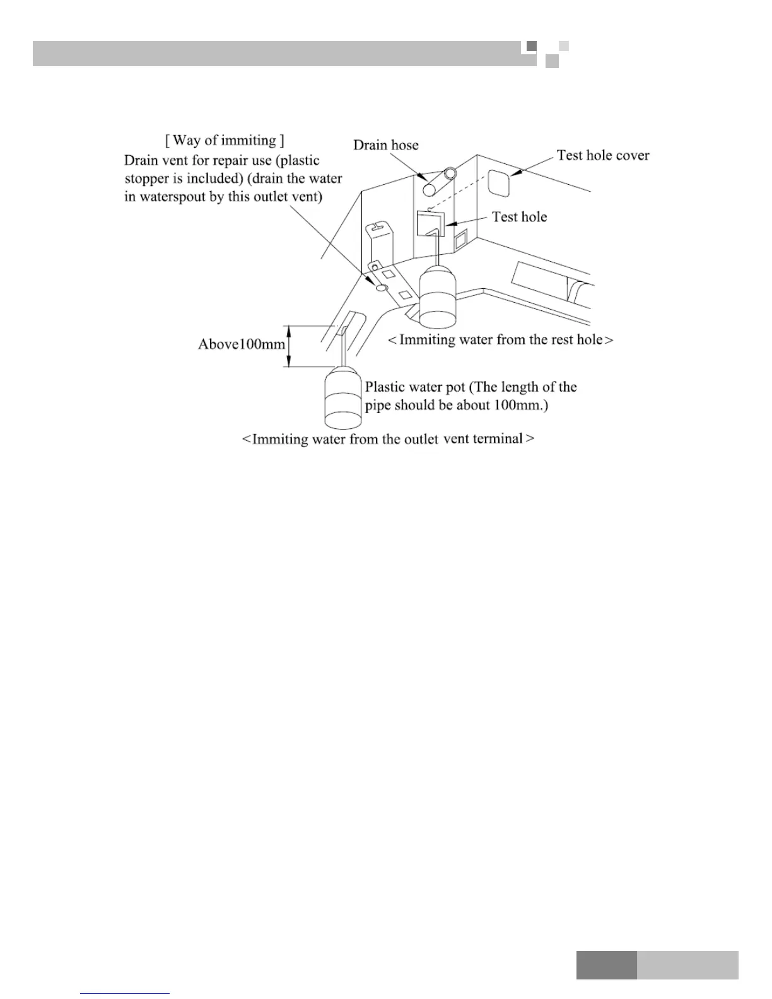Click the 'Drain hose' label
click(x=385, y=145)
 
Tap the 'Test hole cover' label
click(x=602, y=156)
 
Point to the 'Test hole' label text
click(x=519, y=217)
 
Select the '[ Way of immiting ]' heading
click(x=225, y=140)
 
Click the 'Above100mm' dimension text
click(x=241, y=344)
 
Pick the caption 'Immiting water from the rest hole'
click(x=500, y=340)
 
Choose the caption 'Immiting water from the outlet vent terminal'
click(x=388, y=439)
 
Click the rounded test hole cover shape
click(x=498, y=183)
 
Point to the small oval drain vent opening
click(x=381, y=288)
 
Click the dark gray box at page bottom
click(x=606, y=965)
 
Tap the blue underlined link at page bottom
click(x=125, y=993)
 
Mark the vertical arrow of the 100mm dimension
click(x=288, y=346)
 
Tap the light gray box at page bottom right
click(x=687, y=965)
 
